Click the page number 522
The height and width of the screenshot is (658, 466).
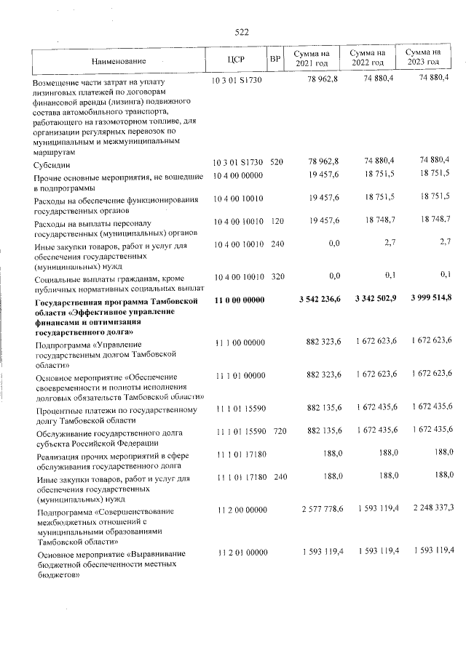click(x=242, y=31)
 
